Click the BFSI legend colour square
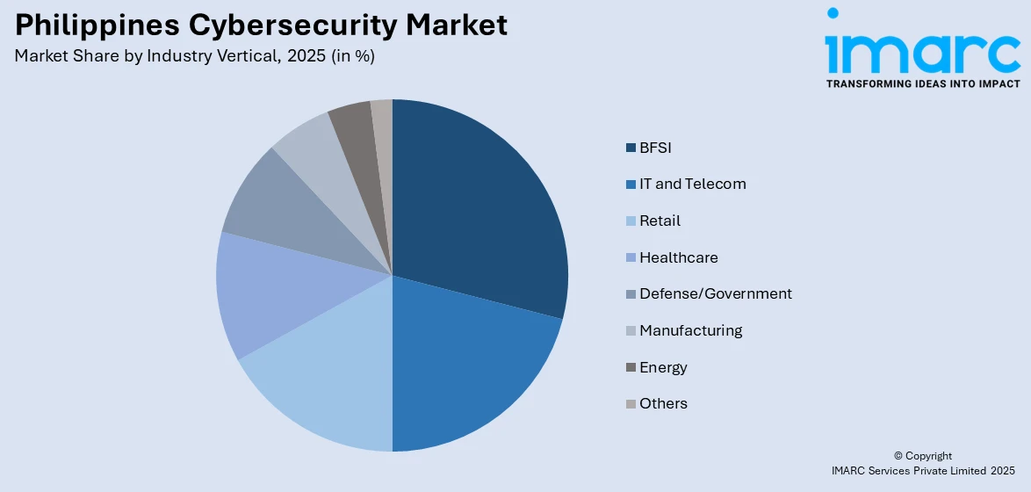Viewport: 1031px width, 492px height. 631,148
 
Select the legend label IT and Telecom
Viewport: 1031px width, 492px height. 692,184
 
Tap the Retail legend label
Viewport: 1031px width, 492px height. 660,221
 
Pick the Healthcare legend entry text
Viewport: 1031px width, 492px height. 678,257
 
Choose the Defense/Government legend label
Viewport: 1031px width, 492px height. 715,293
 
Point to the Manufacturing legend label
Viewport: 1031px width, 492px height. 690,330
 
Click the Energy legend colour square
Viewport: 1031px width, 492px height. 631,367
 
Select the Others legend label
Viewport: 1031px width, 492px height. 663,403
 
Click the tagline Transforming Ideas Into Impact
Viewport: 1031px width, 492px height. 922,83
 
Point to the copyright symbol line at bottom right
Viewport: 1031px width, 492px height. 922,456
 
